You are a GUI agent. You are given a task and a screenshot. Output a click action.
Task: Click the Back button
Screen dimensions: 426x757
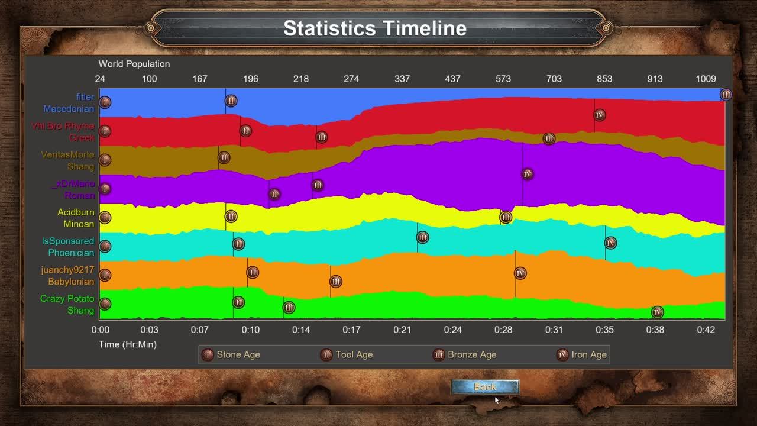click(x=484, y=387)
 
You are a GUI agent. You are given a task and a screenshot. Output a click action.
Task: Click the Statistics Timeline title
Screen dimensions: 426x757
click(x=375, y=28)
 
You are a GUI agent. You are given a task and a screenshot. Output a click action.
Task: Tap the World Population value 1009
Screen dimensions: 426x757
click(x=706, y=79)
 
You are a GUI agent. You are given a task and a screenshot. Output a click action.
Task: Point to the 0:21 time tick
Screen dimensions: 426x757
click(x=402, y=330)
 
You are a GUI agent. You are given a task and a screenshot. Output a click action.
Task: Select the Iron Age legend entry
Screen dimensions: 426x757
click(x=583, y=355)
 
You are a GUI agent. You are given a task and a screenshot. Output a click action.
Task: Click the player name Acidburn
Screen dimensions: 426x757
click(x=76, y=212)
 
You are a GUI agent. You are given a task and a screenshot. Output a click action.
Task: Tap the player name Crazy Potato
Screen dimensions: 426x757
click(x=67, y=299)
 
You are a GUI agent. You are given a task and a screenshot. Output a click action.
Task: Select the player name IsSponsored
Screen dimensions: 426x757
click(x=67, y=241)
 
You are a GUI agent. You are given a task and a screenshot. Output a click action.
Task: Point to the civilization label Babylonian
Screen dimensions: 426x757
click(x=71, y=282)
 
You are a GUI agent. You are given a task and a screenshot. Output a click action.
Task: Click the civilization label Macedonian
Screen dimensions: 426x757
click(x=69, y=109)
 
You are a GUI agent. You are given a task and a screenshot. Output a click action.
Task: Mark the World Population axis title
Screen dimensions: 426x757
click(x=134, y=64)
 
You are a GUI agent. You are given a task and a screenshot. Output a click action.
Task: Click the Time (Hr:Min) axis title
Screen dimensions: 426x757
click(x=128, y=344)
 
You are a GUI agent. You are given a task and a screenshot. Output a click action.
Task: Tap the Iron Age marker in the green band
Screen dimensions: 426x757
click(x=657, y=312)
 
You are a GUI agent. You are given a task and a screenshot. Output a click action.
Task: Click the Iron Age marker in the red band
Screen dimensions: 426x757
click(x=600, y=115)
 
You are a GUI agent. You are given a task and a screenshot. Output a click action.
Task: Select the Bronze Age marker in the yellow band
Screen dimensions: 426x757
click(x=506, y=217)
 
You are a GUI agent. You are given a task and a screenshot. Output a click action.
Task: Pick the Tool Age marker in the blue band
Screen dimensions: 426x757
click(x=231, y=101)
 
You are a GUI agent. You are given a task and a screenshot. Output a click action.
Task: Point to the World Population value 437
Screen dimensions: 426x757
click(x=452, y=79)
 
